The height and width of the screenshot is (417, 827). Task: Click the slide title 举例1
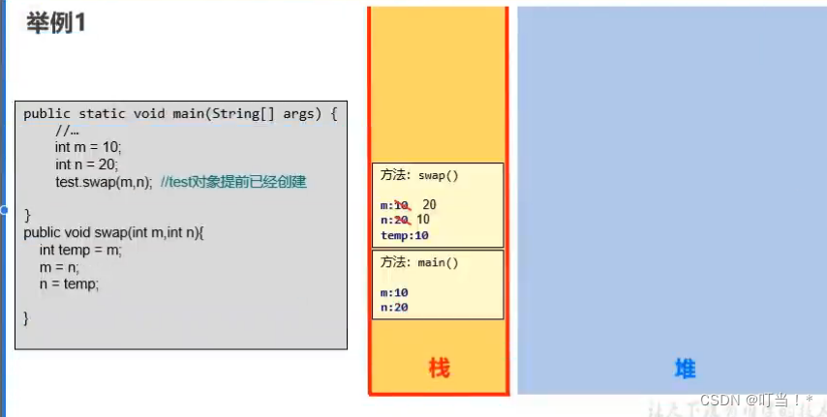pos(57,23)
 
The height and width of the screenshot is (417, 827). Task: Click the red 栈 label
pos(439,368)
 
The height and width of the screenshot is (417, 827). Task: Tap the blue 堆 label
pos(685,368)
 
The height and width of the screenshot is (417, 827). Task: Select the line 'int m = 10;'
pos(89,147)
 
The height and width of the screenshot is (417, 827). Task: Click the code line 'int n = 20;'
pos(87,164)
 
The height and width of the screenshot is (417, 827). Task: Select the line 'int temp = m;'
pos(81,250)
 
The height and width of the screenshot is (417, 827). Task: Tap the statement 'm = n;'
pos(60,267)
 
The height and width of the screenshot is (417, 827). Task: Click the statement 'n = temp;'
pos(70,284)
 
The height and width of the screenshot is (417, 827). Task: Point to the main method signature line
pos(180,113)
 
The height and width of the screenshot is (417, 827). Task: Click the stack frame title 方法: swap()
pos(419,176)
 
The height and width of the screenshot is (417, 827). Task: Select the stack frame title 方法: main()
pos(419,262)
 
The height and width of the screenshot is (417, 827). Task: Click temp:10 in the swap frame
pos(405,235)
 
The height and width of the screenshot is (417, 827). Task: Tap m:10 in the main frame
pos(394,292)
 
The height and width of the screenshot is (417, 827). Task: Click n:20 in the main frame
pos(394,308)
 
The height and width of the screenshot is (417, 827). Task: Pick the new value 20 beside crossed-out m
pos(430,204)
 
